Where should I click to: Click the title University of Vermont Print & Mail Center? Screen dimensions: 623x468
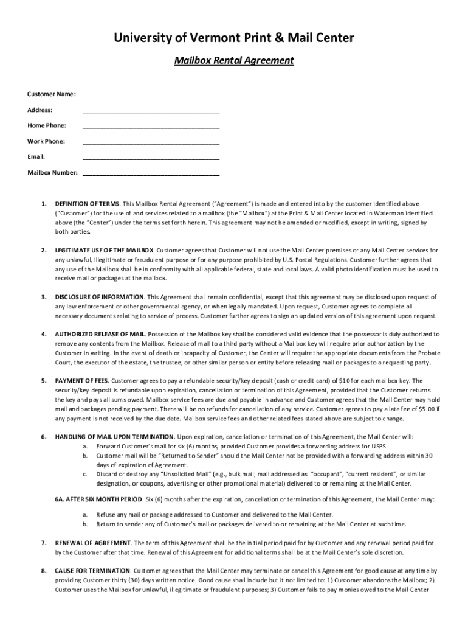coord(234,39)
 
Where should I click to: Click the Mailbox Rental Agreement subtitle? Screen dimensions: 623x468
coord(234,61)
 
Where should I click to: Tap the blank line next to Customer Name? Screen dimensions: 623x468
coord(151,94)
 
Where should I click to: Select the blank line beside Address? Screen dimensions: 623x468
coord(151,110)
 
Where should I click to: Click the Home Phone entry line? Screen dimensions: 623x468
coord(151,126)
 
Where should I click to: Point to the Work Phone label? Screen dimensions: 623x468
coord(46,141)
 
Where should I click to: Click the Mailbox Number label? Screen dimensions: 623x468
coord(52,173)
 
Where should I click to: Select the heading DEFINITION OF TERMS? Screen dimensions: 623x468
coord(87,204)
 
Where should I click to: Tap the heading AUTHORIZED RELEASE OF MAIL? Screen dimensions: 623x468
coord(100,335)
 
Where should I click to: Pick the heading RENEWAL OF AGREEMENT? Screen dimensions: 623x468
coord(92,543)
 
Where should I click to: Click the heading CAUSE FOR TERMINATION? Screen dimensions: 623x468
coord(92,571)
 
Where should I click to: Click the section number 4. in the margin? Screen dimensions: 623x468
coord(44,335)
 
